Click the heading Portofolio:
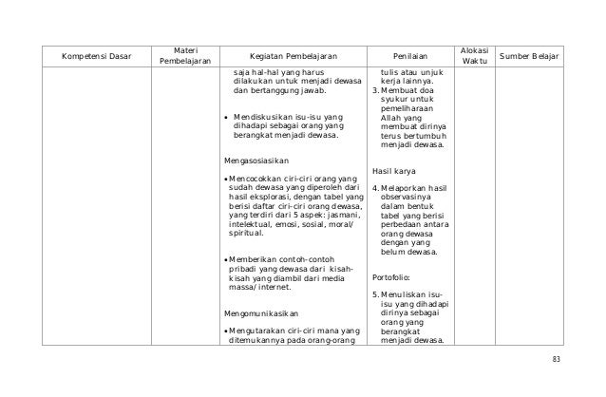(394, 278)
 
